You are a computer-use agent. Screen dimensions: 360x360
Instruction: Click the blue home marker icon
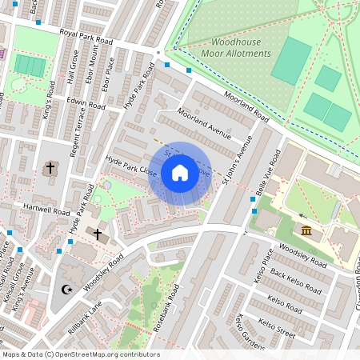click(180, 173)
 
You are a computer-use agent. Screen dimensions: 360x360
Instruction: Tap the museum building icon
click(307, 231)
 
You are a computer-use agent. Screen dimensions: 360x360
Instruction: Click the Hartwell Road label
click(47, 210)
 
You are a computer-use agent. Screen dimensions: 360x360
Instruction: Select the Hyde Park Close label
click(131, 166)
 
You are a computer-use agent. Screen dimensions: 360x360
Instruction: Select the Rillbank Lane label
click(85, 316)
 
